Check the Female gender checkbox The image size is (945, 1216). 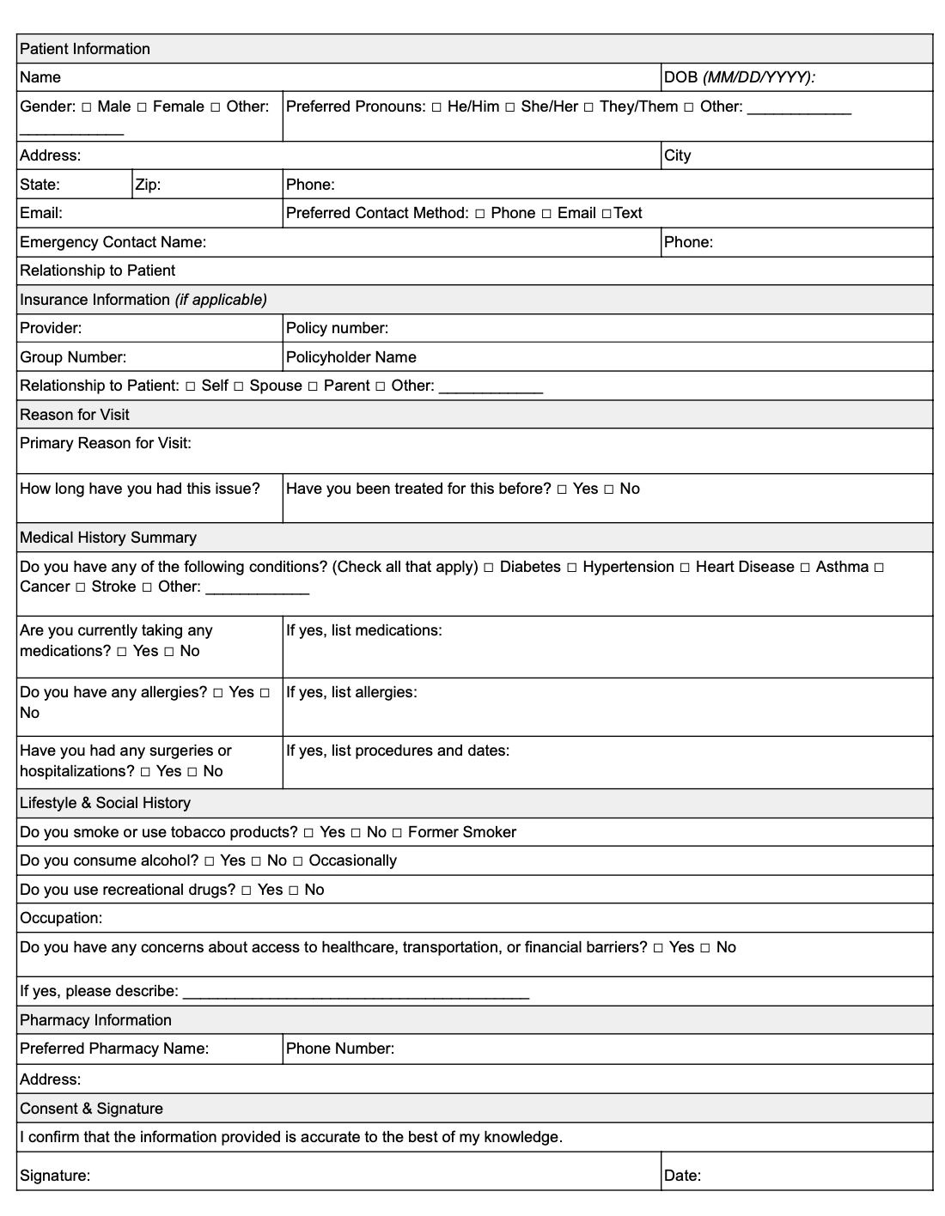[x=143, y=107]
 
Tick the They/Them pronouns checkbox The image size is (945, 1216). [x=588, y=107]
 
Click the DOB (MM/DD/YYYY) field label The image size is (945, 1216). [x=739, y=77]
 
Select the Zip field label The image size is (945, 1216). [x=148, y=185]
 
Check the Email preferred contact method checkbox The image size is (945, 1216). [x=546, y=214]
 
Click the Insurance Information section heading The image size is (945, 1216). [x=143, y=300]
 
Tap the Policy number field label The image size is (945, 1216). [x=337, y=328]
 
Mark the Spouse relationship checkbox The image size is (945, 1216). [x=239, y=386]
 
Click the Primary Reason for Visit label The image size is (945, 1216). [x=105, y=443]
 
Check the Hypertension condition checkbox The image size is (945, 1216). [x=572, y=568]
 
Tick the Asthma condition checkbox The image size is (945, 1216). [x=805, y=568]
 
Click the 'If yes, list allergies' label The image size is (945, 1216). [x=351, y=692]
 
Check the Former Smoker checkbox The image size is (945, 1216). [x=397, y=833]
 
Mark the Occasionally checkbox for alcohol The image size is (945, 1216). [x=298, y=861]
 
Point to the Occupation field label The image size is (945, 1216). [x=61, y=918]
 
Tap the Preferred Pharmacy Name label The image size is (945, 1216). [x=114, y=1049]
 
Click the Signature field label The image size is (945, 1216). [x=55, y=1176]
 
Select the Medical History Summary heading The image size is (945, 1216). [x=108, y=538]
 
